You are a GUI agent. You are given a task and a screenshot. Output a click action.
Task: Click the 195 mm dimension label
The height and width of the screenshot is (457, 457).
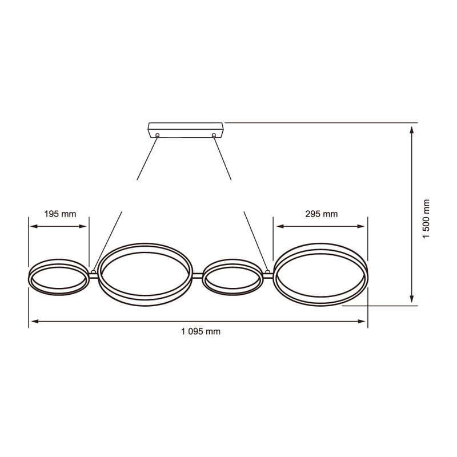[60, 214]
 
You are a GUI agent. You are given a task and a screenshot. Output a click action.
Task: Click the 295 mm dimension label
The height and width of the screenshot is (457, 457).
[321, 214]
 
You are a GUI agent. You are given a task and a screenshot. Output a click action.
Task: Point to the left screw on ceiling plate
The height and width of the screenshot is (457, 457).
[157, 135]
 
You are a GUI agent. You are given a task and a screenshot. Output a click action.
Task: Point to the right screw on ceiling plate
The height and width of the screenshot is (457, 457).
[213, 135]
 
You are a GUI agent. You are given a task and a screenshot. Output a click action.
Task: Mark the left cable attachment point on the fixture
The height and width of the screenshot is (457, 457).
[93, 271]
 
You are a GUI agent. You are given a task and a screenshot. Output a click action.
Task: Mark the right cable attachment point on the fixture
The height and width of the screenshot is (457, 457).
[267, 271]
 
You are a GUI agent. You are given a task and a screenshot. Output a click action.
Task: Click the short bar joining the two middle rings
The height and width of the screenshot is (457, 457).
[198, 276]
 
